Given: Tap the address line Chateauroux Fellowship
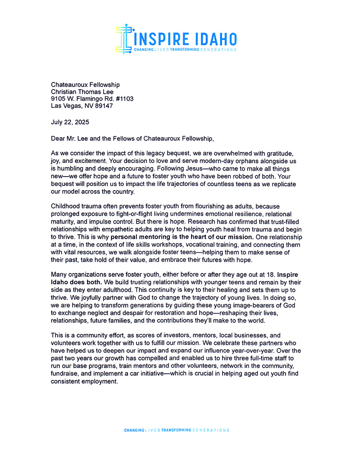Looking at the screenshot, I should tap(85, 85).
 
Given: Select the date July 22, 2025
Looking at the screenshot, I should tap(69, 122).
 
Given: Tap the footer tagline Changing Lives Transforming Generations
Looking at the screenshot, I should tap(176, 430).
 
